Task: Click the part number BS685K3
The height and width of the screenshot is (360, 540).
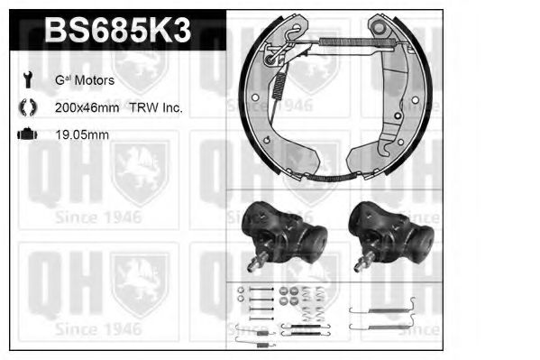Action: (118, 32)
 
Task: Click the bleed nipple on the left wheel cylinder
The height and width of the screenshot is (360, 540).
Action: (255, 263)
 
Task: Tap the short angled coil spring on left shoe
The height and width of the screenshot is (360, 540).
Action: (280, 86)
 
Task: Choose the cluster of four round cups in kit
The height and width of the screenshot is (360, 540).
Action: (288, 296)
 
